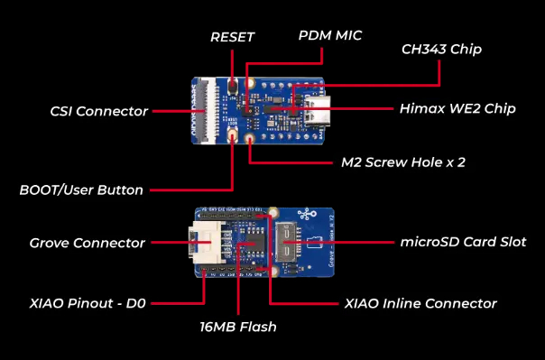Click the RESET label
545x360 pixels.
click(x=233, y=37)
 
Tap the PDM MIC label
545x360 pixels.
click(x=330, y=35)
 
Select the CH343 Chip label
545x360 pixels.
click(x=441, y=50)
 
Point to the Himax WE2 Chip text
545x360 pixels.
click(x=457, y=109)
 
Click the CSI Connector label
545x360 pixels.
click(x=99, y=112)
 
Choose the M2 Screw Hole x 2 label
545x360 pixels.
click(x=403, y=162)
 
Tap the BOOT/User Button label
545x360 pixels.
click(x=81, y=190)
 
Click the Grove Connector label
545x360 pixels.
click(x=87, y=243)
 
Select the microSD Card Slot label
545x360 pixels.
click(x=463, y=242)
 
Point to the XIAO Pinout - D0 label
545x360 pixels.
click(x=88, y=303)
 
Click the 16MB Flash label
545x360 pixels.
click(x=238, y=327)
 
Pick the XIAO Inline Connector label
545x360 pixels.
click(x=420, y=304)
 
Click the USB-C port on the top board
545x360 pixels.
click(x=318, y=107)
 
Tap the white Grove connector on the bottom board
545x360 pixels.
click(x=205, y=242)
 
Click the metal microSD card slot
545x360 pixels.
click(x=286, y=242)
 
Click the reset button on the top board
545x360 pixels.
click(x=232, y=86)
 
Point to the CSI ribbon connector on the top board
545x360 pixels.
click(x=208, y=110)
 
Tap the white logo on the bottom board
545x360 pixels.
click(x=307, y=215)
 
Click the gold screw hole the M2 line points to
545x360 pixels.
click(x=249, y=139)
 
